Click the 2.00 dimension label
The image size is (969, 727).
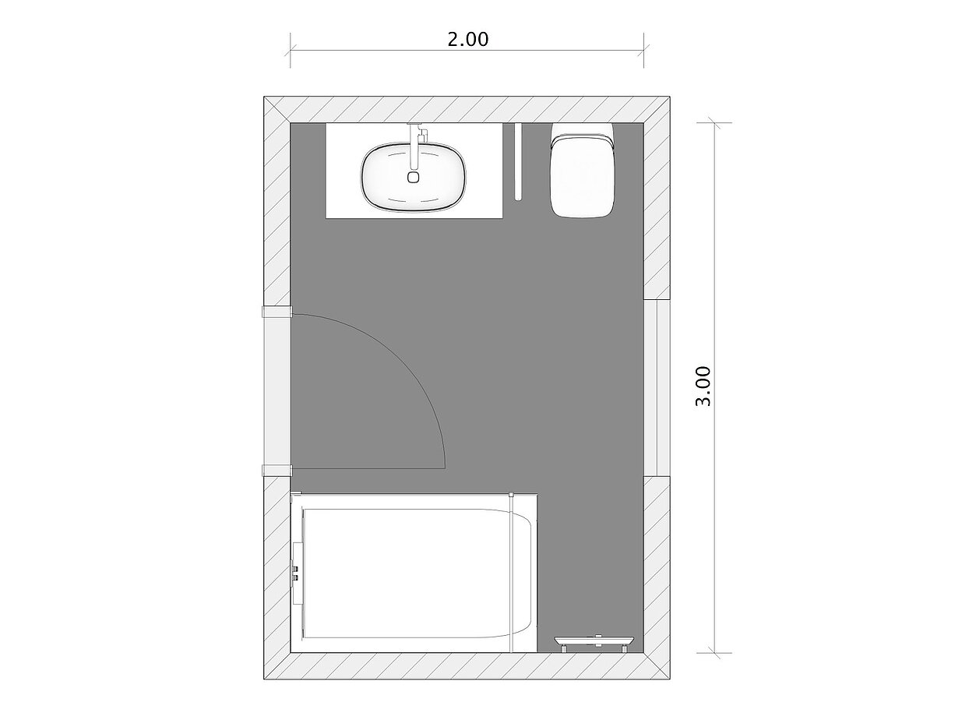(467, 39)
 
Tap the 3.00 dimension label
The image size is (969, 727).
(704, 386)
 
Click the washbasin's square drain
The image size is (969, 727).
(413, 177)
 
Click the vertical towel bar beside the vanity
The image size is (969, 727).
(516, 161)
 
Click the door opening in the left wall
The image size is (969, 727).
(277, 390)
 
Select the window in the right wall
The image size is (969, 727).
(657, 387)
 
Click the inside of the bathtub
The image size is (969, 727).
(405, 573)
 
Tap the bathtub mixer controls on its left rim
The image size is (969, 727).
(295, 574)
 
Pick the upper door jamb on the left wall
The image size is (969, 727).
(277, 312)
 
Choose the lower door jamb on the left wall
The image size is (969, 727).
(277, 469)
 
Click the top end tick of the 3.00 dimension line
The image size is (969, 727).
(715, 122)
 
